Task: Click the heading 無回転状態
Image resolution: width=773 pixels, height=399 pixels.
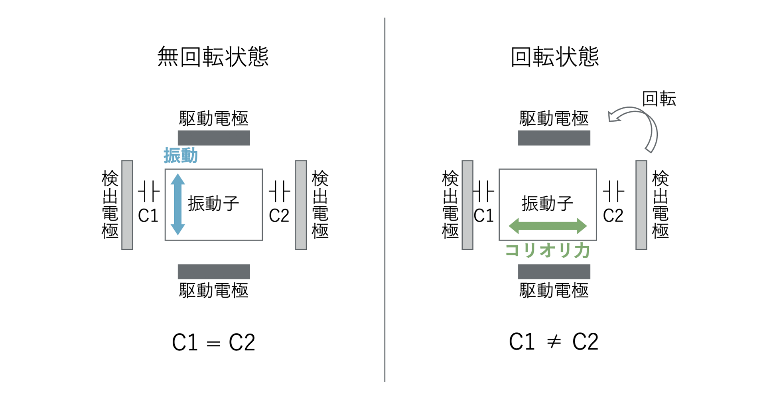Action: pyautogui.click(x=213, y=57)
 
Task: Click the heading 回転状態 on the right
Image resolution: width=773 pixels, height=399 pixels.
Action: pyautogui.click(x=554, y=57)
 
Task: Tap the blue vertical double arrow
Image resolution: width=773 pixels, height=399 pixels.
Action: pyautogui.click(x=178, y=204)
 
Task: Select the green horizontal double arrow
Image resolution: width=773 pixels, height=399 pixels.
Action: pyautogui.click(x=548, y=226)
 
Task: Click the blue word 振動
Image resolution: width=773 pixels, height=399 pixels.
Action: pyautogui.click(x=181, y=156)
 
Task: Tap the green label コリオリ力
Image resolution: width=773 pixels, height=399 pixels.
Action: pyautogui.click(x=548, y=251)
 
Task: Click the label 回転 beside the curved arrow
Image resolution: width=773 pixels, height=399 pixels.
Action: pyautogui.click(x=659, y=99)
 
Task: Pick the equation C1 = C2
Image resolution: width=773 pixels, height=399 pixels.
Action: pyautogui.click(x=213, y=342)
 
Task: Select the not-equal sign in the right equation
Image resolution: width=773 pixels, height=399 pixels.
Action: pyautogui.click(x=554, y=342)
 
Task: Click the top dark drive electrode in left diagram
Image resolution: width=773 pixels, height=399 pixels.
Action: pyautogui.click(x=214, y=138)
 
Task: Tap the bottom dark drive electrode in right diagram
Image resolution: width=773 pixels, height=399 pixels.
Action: pyautogui.click(x=554, y=272)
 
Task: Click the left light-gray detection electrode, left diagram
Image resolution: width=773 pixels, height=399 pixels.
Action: pyautogui.click(x=127, y=205)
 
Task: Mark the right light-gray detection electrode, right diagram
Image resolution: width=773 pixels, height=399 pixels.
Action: pyautogui.click(x=641, y=205)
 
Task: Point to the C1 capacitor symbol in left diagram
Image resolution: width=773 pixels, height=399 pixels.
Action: pyautogui.click(x=149, y=192)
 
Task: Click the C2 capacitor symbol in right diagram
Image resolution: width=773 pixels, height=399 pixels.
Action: pyautogui.click(x=613, y=192)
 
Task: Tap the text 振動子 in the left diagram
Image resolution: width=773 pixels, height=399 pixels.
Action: pyautogui.click(x=213, y=203)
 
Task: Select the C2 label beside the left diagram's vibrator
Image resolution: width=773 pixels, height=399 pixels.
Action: pyautogui.click(x=279, y=216)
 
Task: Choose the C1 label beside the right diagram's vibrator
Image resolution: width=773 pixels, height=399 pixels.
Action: pyautogui.click(x=483, y=216)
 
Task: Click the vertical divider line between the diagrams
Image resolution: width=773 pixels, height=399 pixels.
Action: pyautogui.click(x=385, y=199)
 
